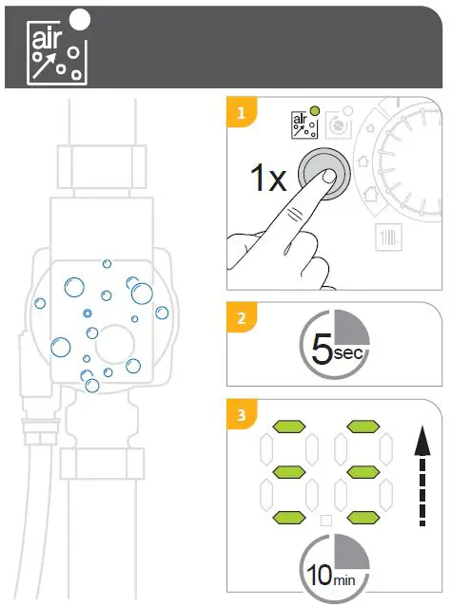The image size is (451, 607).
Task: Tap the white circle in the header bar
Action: coord(82,19)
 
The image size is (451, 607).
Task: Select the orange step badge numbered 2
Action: coord(243,317)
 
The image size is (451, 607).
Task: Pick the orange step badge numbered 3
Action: coord(243,415)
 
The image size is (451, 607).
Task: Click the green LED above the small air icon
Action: coord(315,111)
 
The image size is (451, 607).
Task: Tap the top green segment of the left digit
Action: coord(287,427)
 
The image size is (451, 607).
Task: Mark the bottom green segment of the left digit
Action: coord(287,516)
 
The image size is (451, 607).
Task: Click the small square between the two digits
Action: coord(324,520)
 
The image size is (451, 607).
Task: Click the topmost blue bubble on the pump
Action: coord(106,264)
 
